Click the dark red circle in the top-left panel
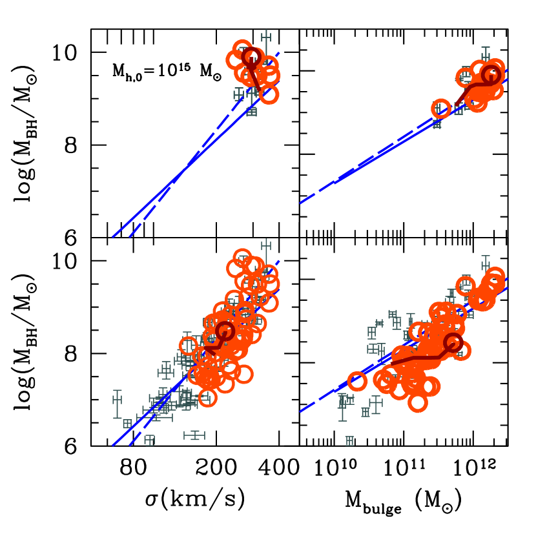click(x=252, y=57)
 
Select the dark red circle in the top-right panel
click(x=491, y=74)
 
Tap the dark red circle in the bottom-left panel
click(x=225, y=331)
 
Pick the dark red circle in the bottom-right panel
click(x=453, y=342)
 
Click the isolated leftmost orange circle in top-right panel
click(x=440, y=108)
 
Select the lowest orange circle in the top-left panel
click(x=269, y=94)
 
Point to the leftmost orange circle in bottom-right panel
click(x=357, y=382)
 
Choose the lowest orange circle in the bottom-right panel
click(x=418, y=403)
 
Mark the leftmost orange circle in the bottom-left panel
click(x=188, y=346)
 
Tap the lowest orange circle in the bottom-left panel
click(x=207, y=398)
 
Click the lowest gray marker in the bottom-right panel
click(x=349, y=441)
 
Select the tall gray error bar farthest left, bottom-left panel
click(x=117, y=404)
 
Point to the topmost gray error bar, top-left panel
click(x=266, y=37)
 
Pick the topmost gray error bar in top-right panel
click(x=486, y=53)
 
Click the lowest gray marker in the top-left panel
click(x=251, y=112)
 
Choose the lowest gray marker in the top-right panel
click(x=437, y=124)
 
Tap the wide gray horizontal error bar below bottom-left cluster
click(x=194, y=435)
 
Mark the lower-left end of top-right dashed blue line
click(x=301, y=203)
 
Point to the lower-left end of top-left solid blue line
click(x=113, y=236)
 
